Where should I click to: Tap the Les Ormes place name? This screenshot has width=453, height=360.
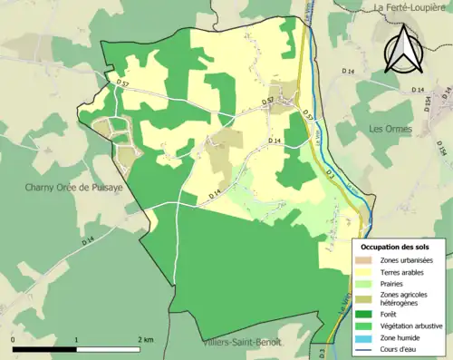[390, 129]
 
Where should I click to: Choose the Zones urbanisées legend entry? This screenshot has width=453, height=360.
[406, 261]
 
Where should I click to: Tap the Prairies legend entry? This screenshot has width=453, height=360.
[393, 283]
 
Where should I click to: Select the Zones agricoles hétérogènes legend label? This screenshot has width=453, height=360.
[406, 299]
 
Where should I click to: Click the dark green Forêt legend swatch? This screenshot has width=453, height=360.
[368, 315]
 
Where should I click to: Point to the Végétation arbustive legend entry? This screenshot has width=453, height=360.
[411, 326]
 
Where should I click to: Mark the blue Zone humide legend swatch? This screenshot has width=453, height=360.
[368, 337]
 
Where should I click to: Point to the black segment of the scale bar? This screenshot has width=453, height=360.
[45, 349]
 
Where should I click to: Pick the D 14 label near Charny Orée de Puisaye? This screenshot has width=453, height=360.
[87, 240]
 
